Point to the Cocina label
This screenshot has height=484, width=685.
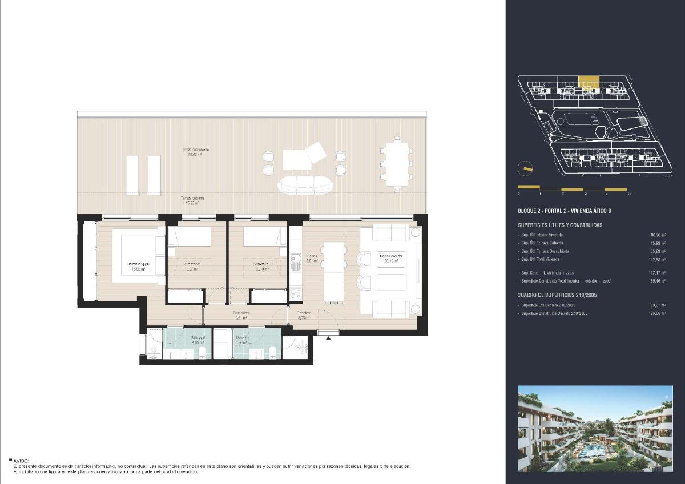tap(312, 256)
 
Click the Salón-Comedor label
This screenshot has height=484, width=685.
tap(391, 256)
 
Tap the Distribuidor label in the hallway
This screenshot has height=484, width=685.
tap(241, 313)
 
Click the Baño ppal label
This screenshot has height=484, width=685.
tap(198, 337)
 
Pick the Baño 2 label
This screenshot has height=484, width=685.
tap(242, 337)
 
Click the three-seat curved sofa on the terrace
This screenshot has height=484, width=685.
tap(305, 184)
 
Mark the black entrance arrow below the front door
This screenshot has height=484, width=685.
tap(329, 338)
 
